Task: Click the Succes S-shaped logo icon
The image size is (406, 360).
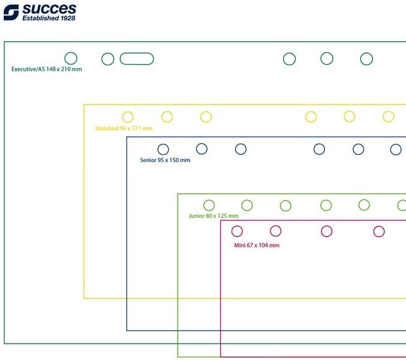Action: (11, 12)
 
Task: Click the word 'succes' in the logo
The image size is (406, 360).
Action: (49, 9)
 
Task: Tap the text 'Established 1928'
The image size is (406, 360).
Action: (48, 18)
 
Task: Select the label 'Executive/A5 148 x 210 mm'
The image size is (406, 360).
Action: (46, 69)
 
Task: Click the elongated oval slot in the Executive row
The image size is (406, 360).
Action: (137, 54)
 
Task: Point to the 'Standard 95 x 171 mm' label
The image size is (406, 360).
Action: (124, 128)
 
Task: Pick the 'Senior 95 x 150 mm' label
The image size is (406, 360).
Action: (165, 160)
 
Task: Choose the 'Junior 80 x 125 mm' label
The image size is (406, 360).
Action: (213, 216)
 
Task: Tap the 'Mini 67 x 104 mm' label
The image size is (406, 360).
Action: (256, 246)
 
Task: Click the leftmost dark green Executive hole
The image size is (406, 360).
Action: (71, 52)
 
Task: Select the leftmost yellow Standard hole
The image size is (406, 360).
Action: (127, 112)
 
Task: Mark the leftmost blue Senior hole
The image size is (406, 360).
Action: (163, 144)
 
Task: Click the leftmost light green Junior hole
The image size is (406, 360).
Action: (209, 200)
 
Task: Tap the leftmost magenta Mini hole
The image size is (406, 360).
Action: (237, 226)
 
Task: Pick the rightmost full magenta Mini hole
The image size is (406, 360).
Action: (379, 226)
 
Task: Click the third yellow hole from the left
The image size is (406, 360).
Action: (206, 112)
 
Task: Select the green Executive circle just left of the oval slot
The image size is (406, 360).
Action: (108, 53)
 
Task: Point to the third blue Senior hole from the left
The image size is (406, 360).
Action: (241, 144)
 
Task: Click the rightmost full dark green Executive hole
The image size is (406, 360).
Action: (366, 53)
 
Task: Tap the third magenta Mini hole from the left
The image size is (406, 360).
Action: (326, 226)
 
